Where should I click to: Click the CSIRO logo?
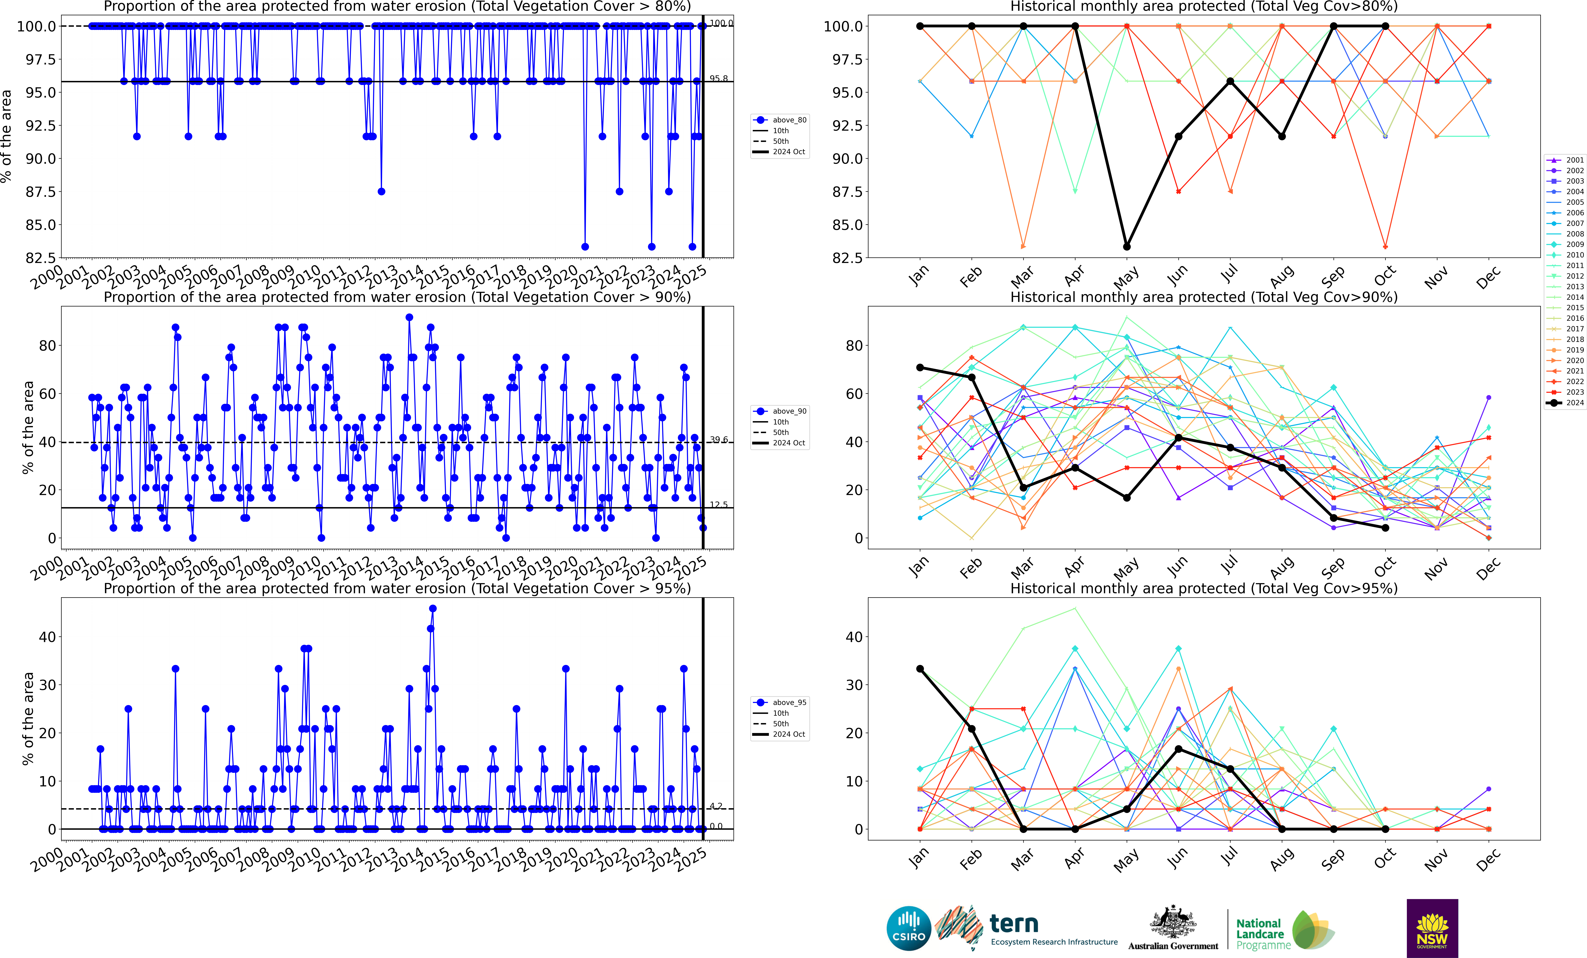pos(909,928)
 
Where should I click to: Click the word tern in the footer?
pos(1014,924)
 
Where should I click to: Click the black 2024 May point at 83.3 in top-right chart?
pos(1126,247)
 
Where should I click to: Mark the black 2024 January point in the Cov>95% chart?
pos(920,669)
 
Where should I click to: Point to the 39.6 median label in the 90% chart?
pos(719,439)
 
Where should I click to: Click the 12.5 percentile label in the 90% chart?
pos(719,504)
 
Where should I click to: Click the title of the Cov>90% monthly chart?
pos(1204,297)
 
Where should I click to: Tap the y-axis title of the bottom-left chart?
pos(28,718)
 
